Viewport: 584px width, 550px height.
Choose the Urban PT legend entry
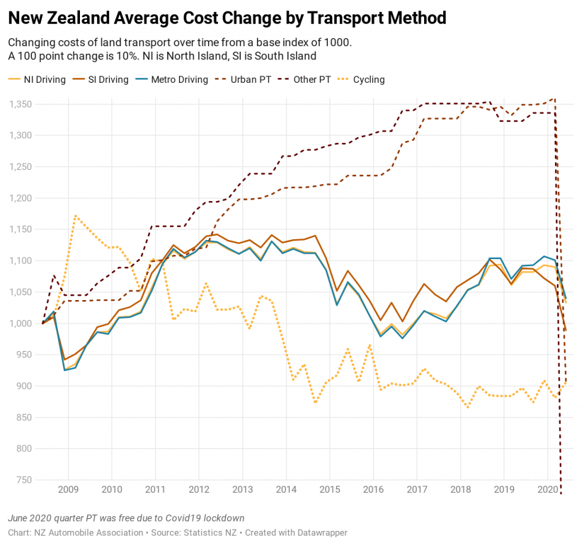(251, 79)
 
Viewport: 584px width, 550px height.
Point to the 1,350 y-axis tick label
(20, 104)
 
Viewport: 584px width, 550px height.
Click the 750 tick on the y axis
(25, 480)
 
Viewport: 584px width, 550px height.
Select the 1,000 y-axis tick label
(20, 323)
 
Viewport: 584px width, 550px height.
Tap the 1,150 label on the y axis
(20, 229)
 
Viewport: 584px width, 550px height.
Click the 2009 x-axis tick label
(68, 489)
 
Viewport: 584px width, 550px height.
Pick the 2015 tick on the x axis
(329, 489)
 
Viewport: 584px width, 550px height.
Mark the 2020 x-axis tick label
(547, 489)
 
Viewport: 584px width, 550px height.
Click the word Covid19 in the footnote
(193, 517)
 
